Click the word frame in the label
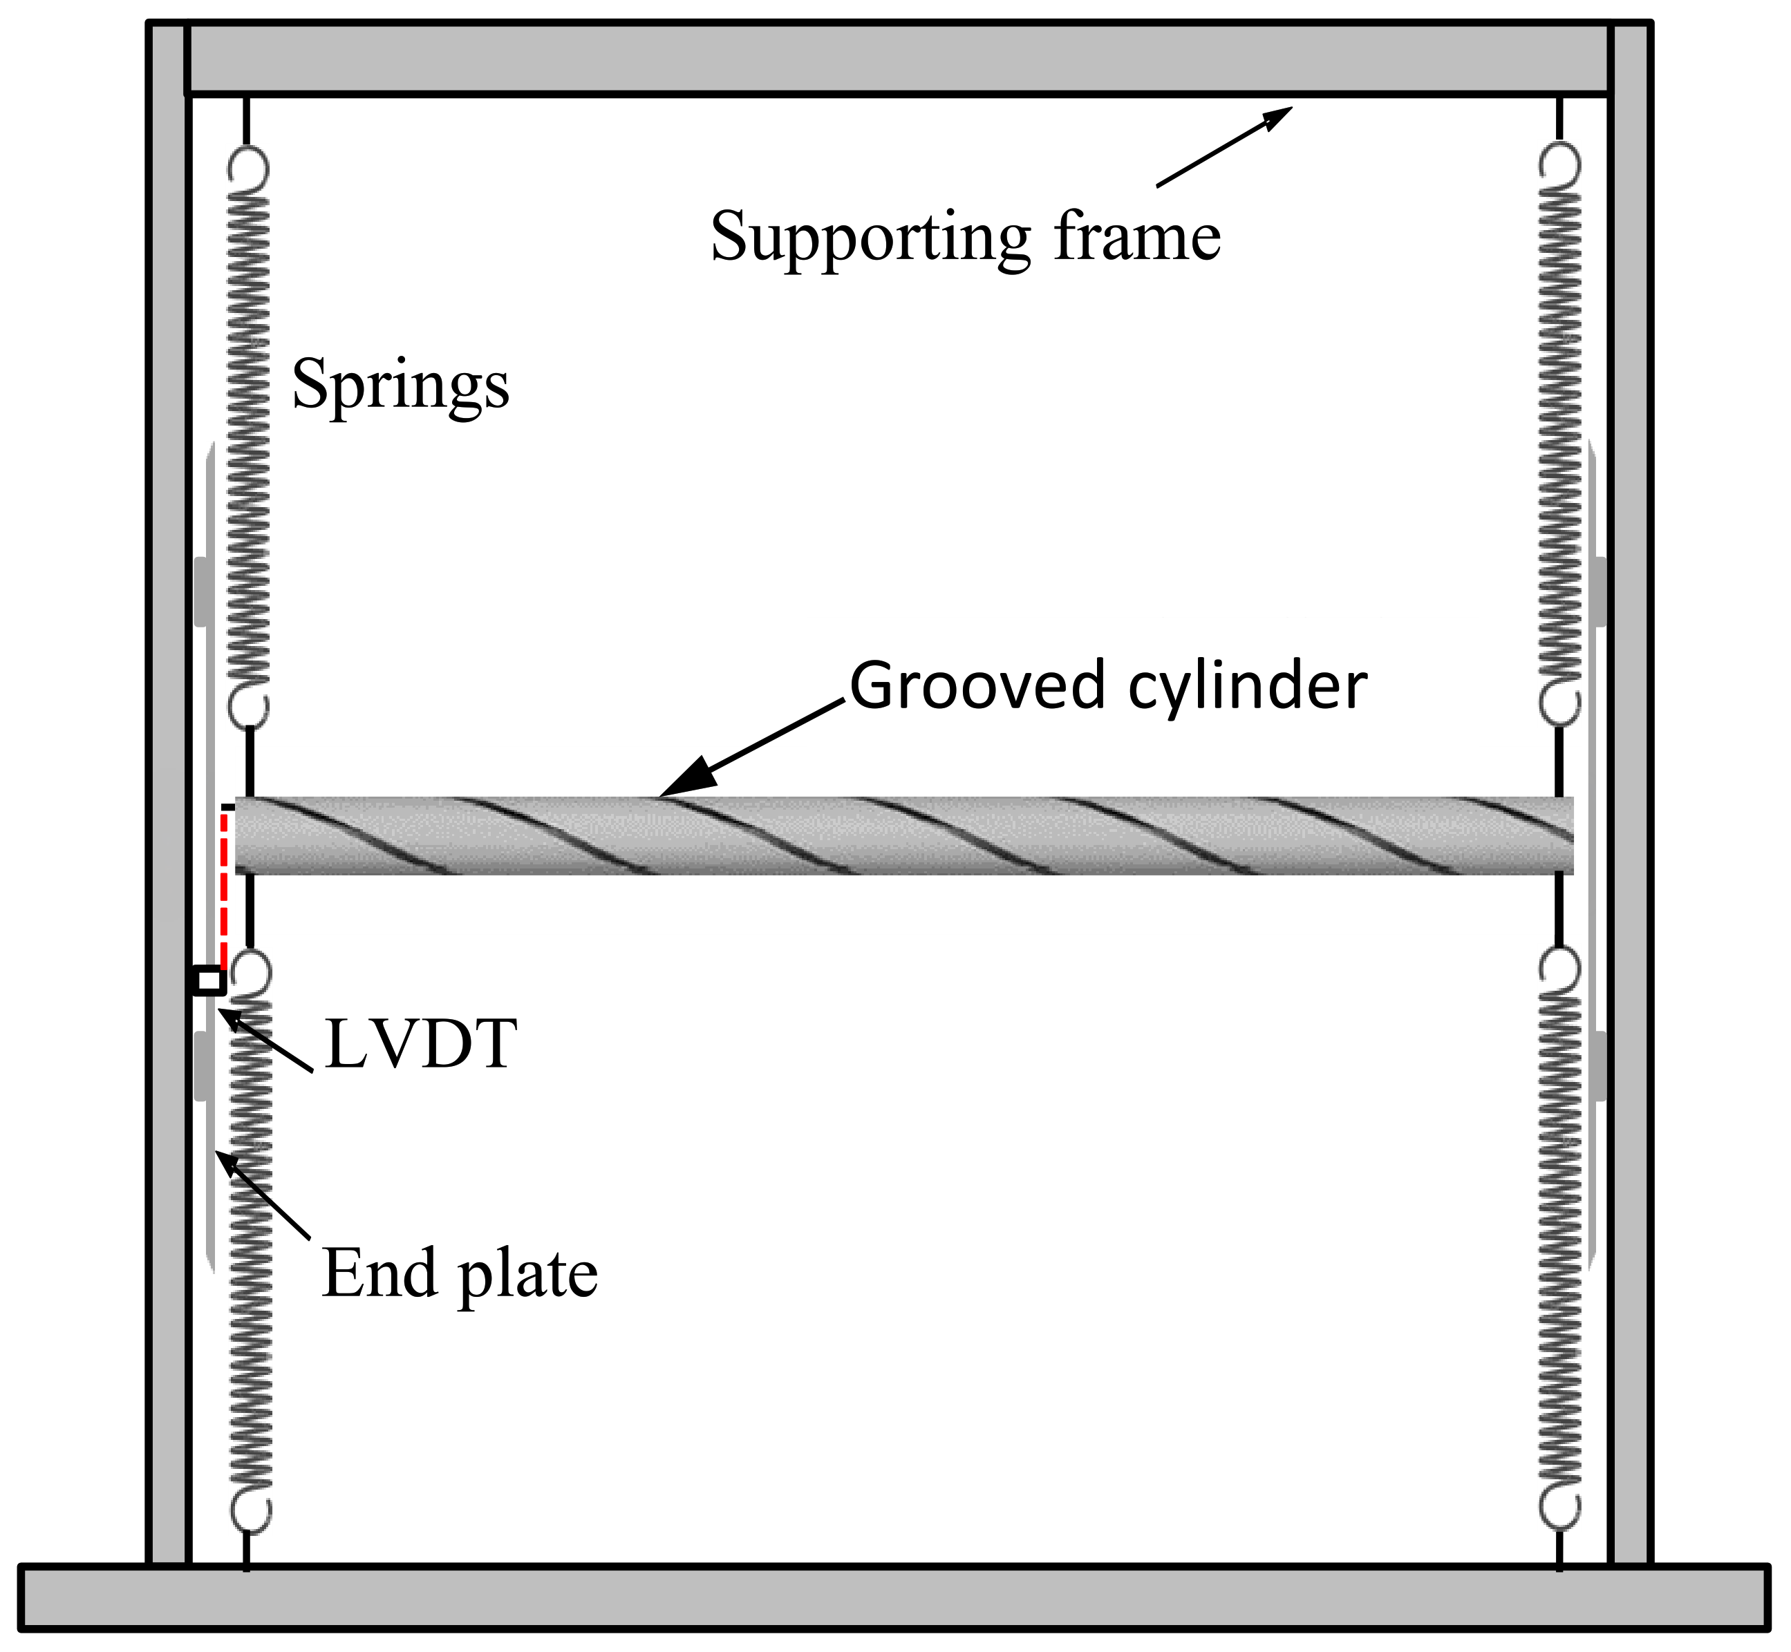click(1136, 238)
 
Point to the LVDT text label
click(420, 1044)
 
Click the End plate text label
click(459, 1274)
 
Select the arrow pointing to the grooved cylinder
click(751, 749)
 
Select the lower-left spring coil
click(250, 1251)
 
